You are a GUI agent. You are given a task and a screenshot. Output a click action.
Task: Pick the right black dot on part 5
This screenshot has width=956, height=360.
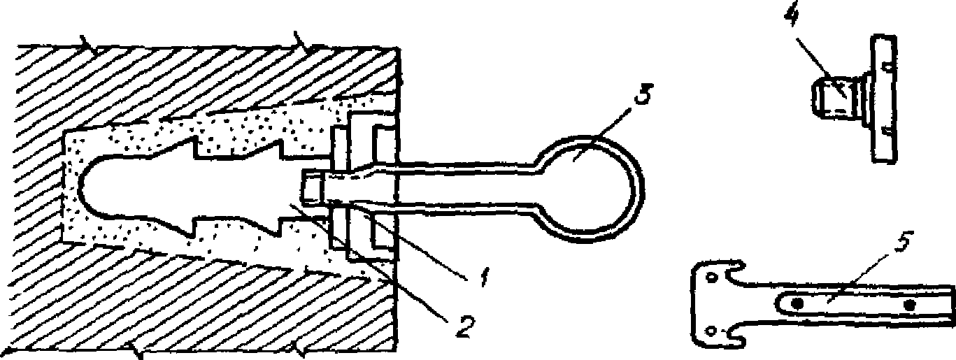coord(909,305)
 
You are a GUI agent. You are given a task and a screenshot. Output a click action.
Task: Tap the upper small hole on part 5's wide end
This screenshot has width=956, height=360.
coord(712,278)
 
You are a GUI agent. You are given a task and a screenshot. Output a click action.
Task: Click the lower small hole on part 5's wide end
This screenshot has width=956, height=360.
coord(712,330)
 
